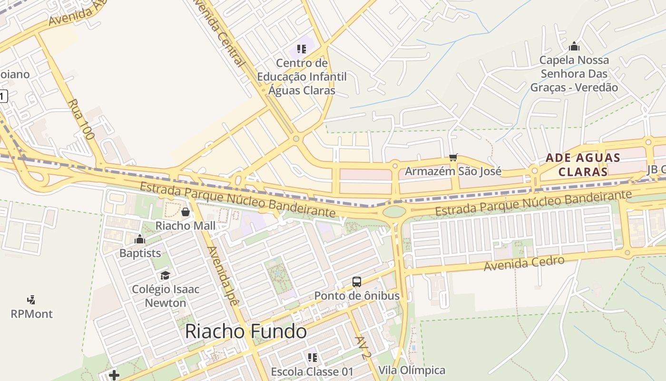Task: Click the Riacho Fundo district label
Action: click(x=245, y=331)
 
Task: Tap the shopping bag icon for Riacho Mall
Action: click(x=186, y=212)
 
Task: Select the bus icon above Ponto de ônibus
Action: click(x=357, y=282)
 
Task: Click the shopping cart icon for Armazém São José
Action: click(x=453, y=157)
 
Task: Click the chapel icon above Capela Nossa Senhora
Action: click(x=574, y=46)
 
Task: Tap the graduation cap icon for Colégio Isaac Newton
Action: click(x=165, y=275)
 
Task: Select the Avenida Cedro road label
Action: click(x=524, y=263)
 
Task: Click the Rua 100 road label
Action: click(x=80, y=119)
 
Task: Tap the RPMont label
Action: click(x=31, y=314)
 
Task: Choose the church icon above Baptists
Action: click(x=140, y=239)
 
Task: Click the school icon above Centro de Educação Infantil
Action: click(x=301, y=49)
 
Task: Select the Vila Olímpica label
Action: click(x=412, y=370)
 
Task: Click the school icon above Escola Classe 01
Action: click(x=312, y=357)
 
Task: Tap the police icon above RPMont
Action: click(x=31, y=300)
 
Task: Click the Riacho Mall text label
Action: click(x=186, y=225)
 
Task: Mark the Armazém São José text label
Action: click(x=453, y=171)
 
